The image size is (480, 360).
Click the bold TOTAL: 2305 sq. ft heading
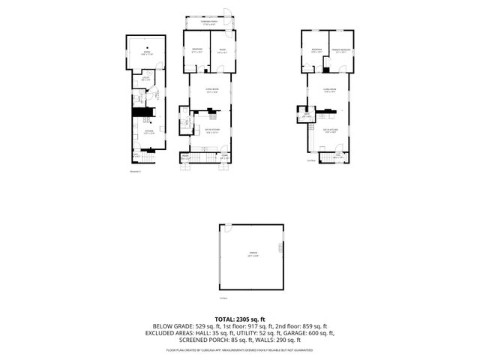coord(240,319)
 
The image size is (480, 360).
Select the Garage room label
coord(253,253)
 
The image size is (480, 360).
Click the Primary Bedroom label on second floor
coord(341,50)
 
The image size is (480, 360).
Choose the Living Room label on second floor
coord(328,89)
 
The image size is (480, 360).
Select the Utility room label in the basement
coord(146,80)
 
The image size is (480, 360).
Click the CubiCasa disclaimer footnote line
coord(240,349)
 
